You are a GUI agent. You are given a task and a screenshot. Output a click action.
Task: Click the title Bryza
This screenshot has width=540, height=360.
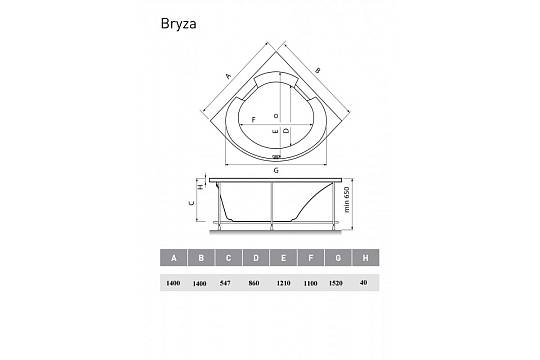tap(178, 24)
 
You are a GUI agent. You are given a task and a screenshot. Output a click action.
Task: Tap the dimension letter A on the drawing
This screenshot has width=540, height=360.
tap(228, 76)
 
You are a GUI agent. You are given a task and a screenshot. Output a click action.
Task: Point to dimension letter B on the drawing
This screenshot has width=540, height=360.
tap(318, 71)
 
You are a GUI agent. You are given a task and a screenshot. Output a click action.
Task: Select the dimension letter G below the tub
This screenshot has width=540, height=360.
tap(276, 170)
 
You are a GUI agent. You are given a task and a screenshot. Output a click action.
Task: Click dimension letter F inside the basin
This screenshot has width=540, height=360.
tap(254, 120)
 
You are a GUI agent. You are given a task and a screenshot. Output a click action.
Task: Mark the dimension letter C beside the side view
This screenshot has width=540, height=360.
tap(192, 203)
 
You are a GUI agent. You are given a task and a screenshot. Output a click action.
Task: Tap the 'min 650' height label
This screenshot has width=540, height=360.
tap(346, 199)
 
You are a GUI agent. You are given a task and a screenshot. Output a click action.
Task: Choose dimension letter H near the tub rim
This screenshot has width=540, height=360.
tap(200, 187)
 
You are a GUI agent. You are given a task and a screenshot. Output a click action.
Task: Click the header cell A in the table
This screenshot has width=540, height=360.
tap(174, 258)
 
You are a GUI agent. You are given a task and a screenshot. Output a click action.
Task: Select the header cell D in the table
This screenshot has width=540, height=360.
tap(256, 258)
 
